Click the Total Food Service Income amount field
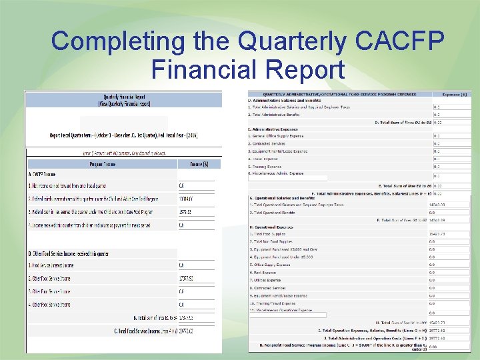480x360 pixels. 195,331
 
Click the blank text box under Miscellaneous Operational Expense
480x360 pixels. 287,315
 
